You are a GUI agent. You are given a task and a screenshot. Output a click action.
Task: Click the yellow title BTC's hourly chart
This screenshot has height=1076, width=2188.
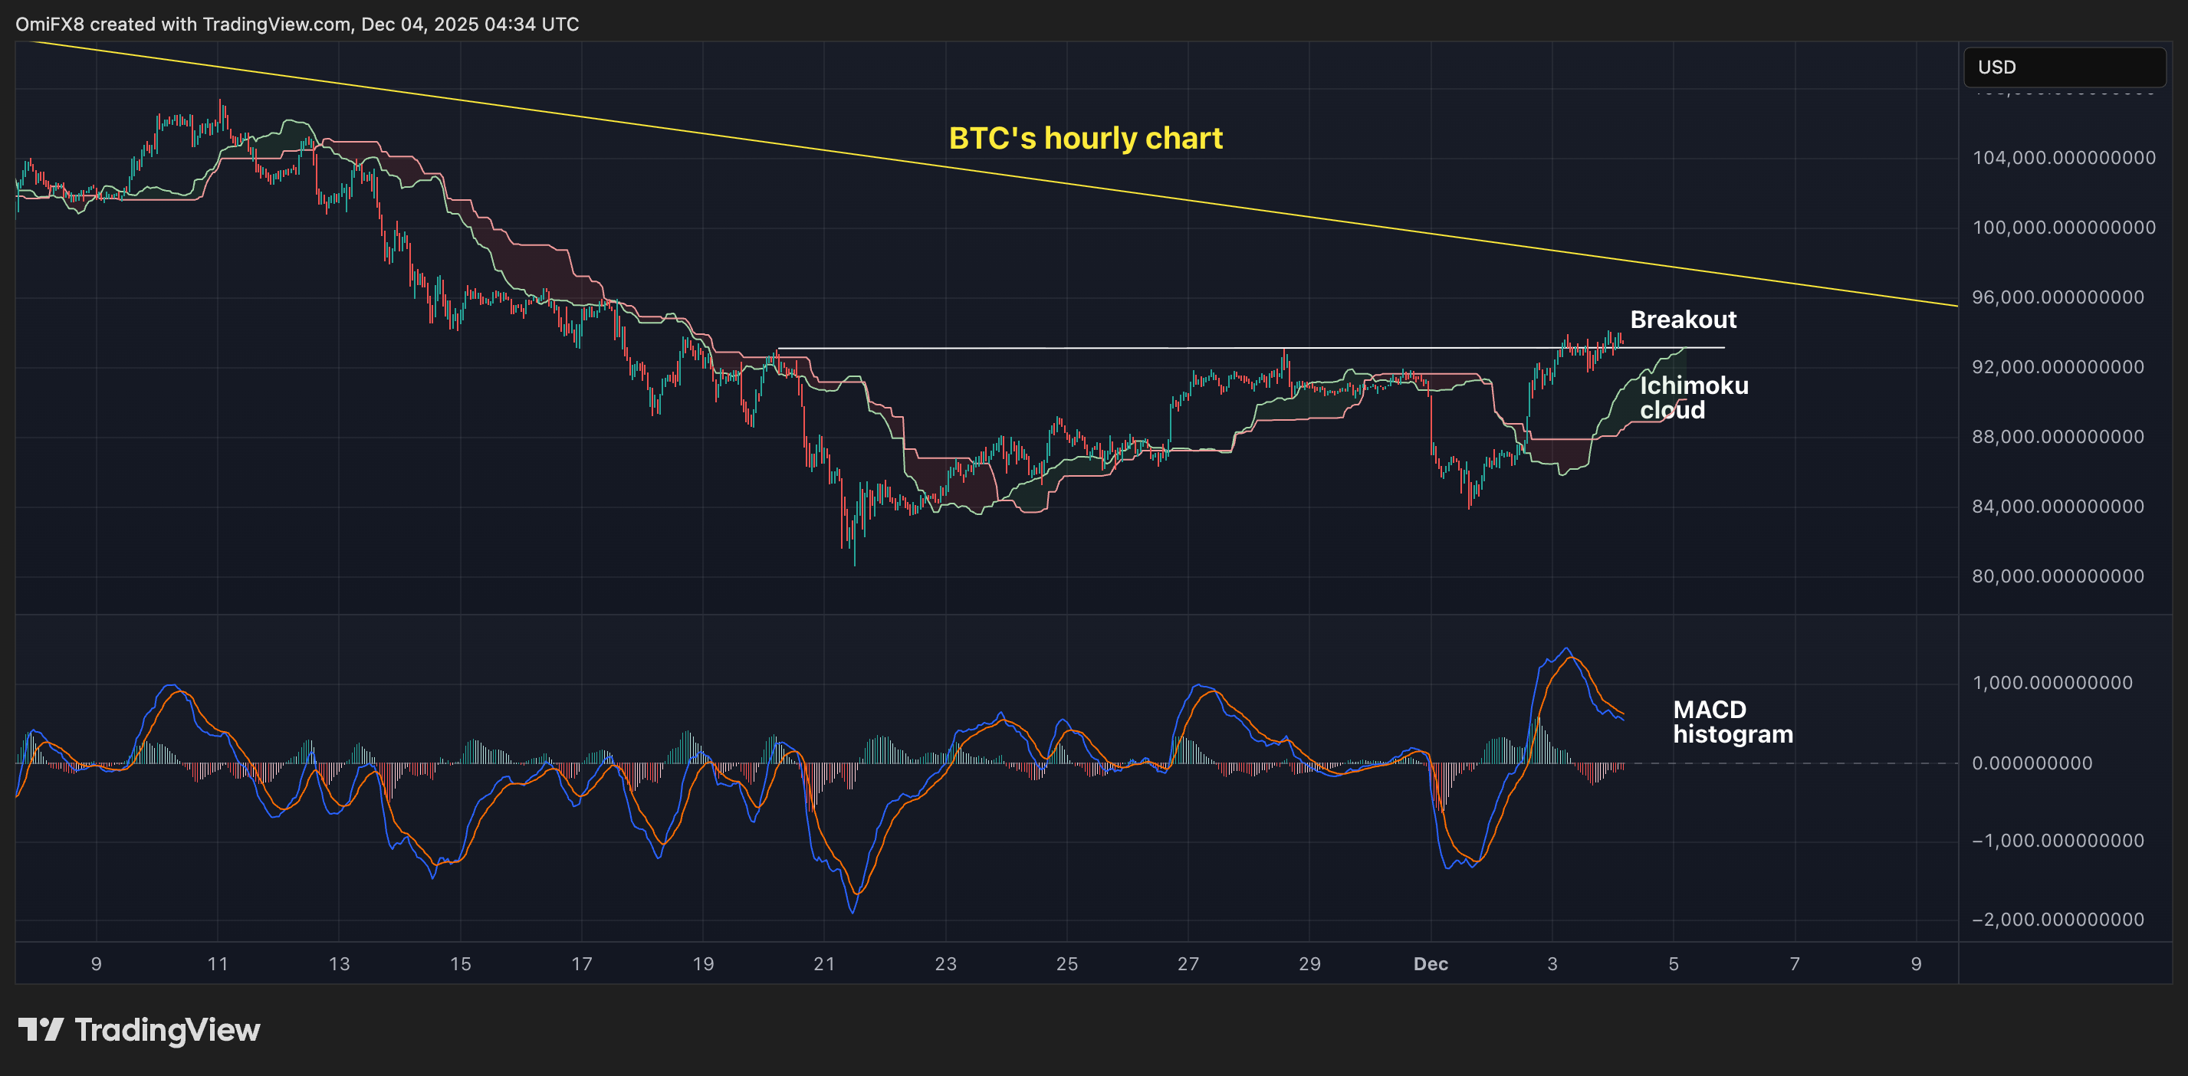[1085, 139]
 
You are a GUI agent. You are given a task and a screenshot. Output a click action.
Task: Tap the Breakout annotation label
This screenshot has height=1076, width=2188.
[1683, 320]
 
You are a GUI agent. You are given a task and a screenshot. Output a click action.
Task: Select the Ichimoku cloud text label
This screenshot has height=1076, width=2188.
[1693, 398]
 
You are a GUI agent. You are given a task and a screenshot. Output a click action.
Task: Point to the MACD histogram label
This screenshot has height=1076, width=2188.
[1732, 722]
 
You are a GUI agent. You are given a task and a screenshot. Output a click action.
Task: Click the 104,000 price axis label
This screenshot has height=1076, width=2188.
[2063, 158]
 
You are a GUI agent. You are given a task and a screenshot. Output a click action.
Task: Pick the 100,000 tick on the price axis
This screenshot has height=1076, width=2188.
[2063, 228]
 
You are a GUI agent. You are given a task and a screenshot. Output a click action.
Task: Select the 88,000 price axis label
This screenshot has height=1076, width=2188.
[2063, 437]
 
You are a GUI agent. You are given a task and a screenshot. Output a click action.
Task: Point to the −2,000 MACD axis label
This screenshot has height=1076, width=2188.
[2057, 920]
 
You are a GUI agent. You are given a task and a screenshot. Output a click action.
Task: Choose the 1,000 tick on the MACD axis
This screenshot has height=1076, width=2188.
[2052, 683]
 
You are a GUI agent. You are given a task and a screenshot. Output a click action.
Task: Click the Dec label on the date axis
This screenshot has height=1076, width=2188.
[1431, 964]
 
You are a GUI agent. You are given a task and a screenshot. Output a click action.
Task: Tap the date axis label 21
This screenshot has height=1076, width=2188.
[824, 964]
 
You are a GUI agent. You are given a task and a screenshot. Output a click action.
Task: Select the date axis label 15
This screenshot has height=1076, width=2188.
[459, 964]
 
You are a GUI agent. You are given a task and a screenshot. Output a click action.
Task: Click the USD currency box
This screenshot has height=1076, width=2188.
[2063, 67]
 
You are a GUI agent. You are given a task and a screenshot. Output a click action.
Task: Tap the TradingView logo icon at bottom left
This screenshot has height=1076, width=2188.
[41, 1030]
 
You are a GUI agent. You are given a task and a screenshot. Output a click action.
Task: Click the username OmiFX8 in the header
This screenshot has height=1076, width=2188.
[49, 24]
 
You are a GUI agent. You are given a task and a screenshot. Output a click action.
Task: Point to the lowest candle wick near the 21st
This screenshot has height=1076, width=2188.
[855, 563]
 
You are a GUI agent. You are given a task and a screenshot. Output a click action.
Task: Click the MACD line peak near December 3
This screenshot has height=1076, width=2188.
[1567, 650]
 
